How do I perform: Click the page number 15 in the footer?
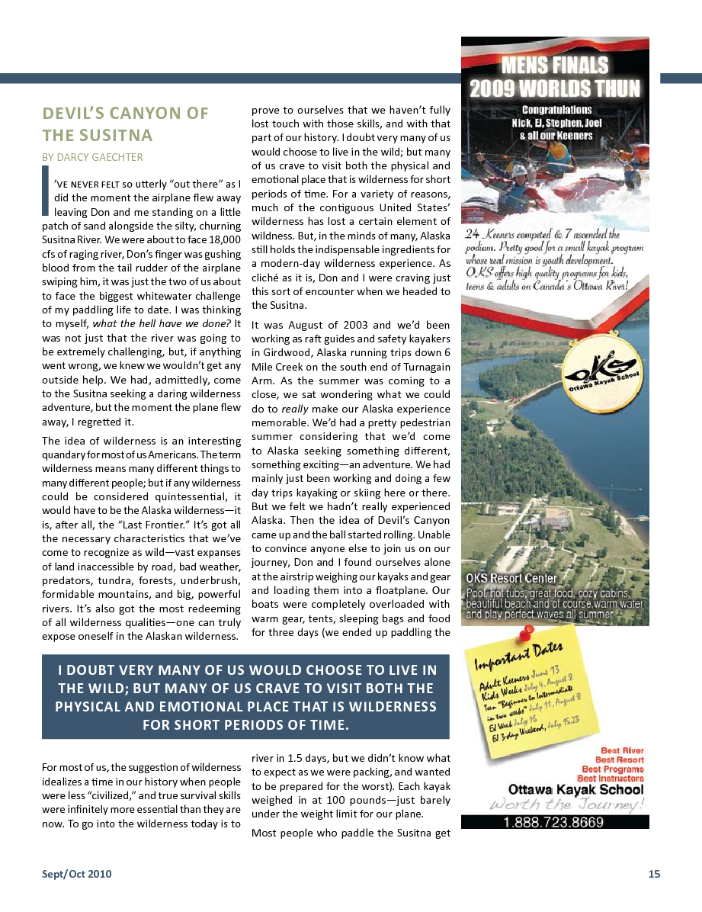pyautogui.click(x=654, y=874)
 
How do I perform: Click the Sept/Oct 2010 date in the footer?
pyautogui.click(x=76, y=874)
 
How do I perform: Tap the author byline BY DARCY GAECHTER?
pyautogui.click(x=92, y=157)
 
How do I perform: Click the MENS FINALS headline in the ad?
pyautogui.click(x=555, y=66)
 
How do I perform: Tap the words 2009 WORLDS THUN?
pyautogui.click(x=555, y=88)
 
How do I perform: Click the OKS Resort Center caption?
pyautogui.click(x=511, y=578)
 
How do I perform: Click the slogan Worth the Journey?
pyautogui.click(x=567, y=804)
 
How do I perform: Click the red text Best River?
pyautogui.click(x=622, y=751)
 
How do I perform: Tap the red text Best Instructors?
pyautogui.click(x=611, y=779)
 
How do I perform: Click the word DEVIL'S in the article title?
pyautogui.click(x=77, y=114)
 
